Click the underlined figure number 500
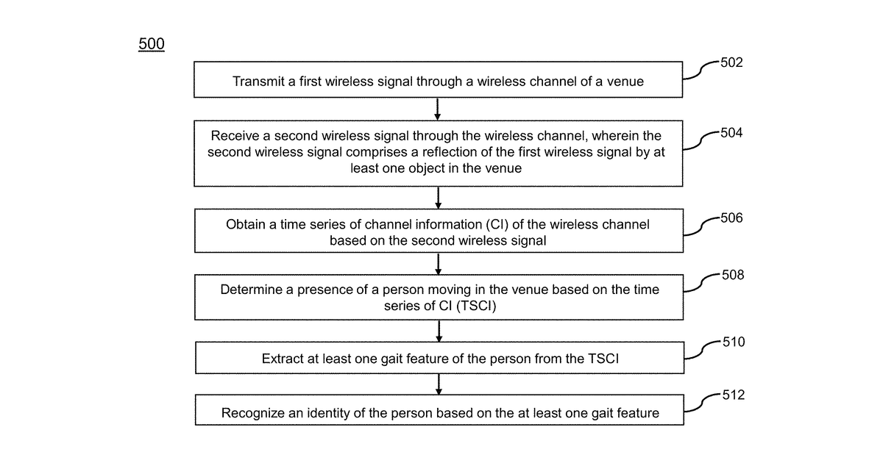click(x=152, y=43)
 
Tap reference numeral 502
click(x=731, y=62)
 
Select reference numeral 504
click(x=731, y=133)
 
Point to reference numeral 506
click(x=731, y=218)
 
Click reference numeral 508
click(x=733, y=275)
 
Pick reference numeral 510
click(x=734, y=342)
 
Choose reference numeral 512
click(x=734, y=395)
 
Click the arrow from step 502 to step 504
click(x=438, y=109)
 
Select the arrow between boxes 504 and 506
click(x=438, y=198)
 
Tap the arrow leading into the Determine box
click(x=439, y=264)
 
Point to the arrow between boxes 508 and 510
click(x=439, y=331)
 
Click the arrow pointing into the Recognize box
click(x=439, y=384)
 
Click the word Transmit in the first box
click(x=258, y=82)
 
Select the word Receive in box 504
click(x=235, y=136)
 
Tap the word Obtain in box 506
click(x=246, y=224)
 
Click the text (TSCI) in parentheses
click(x=476, y=306)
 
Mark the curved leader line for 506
click(x=702, y=226)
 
